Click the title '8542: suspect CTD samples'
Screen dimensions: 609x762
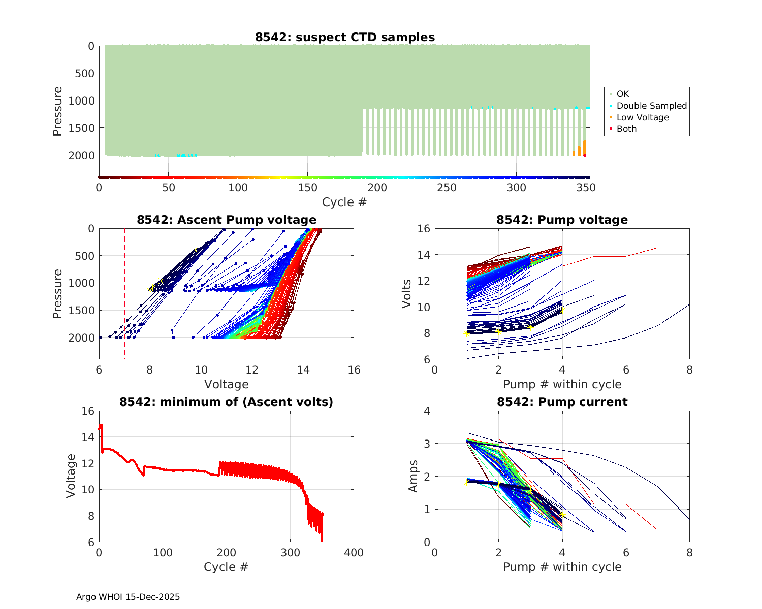click(x=344, y=37)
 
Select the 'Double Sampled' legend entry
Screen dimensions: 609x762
click(x=651, y=106)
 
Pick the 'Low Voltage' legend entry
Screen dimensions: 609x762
click(x=643, y=117)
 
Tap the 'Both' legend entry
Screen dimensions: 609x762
click(x=626, y=129)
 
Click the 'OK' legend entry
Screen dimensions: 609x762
click(x=622, y=94)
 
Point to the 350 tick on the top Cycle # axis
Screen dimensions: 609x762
click(x=586, y=188)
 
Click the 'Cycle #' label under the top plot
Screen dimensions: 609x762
click(x=344, y=202)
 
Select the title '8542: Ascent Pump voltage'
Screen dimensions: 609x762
click(x=227, y=220)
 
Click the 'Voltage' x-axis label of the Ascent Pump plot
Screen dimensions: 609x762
click(x=227, y=384)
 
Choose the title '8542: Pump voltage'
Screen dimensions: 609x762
click(x=562, y=220)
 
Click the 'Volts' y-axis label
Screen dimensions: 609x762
click(x=406, y=294)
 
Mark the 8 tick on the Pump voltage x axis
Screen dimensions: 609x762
click(x=689, y=370)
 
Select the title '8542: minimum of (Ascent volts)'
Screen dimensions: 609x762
click(x=227, y=402)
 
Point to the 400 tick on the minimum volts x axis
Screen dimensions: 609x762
click(x=354, y=553)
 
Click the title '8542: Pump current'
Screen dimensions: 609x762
click(x=562, y=402)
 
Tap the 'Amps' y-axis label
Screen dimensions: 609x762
click(x=414, y=476)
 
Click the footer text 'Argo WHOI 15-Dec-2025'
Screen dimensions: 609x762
click(x=128, y=597)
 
